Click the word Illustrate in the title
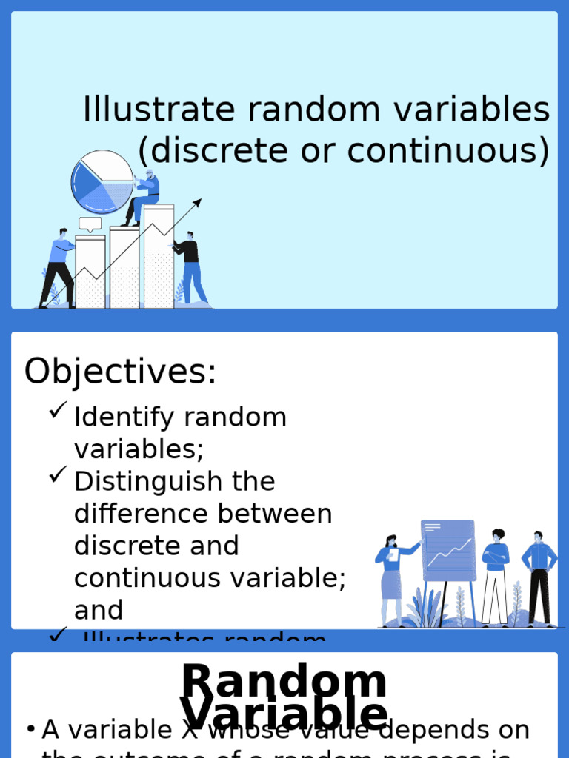[x=158, y=110]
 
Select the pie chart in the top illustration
[x=102, y=181]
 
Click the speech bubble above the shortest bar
[x=90, y=224]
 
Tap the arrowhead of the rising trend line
[x=197, y=202]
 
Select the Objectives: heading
[x=120, y=372]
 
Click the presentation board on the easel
[x=447, y=551]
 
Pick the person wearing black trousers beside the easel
[x=539, y=577]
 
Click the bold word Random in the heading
[x=284, y=681]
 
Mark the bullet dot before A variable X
[x=30, y=730]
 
